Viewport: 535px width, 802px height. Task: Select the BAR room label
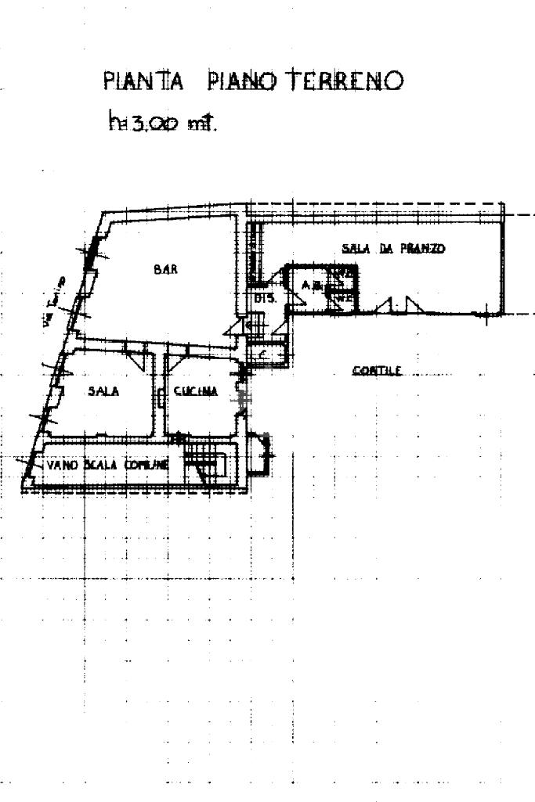pyautogui.click(x=165, y=269)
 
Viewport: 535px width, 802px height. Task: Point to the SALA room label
pyautogui.click(x=103, y=393)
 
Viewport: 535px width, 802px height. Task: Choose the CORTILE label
pyautogui.click(x=377, y=371)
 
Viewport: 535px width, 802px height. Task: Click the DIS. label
pyautogui.click(x=262, y=298)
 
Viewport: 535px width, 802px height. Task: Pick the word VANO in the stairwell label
pyautogui.click(x=60, y=465)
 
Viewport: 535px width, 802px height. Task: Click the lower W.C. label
pyautogui.click(x=342, y=297)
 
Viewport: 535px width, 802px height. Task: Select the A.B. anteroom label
pyautogui.click(x=311, y=286)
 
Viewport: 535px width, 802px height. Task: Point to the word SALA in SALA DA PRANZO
pyautogui.click(x=355, y=249)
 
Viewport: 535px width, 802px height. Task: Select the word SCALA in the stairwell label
pyautogui.click(x=99, y=465)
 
